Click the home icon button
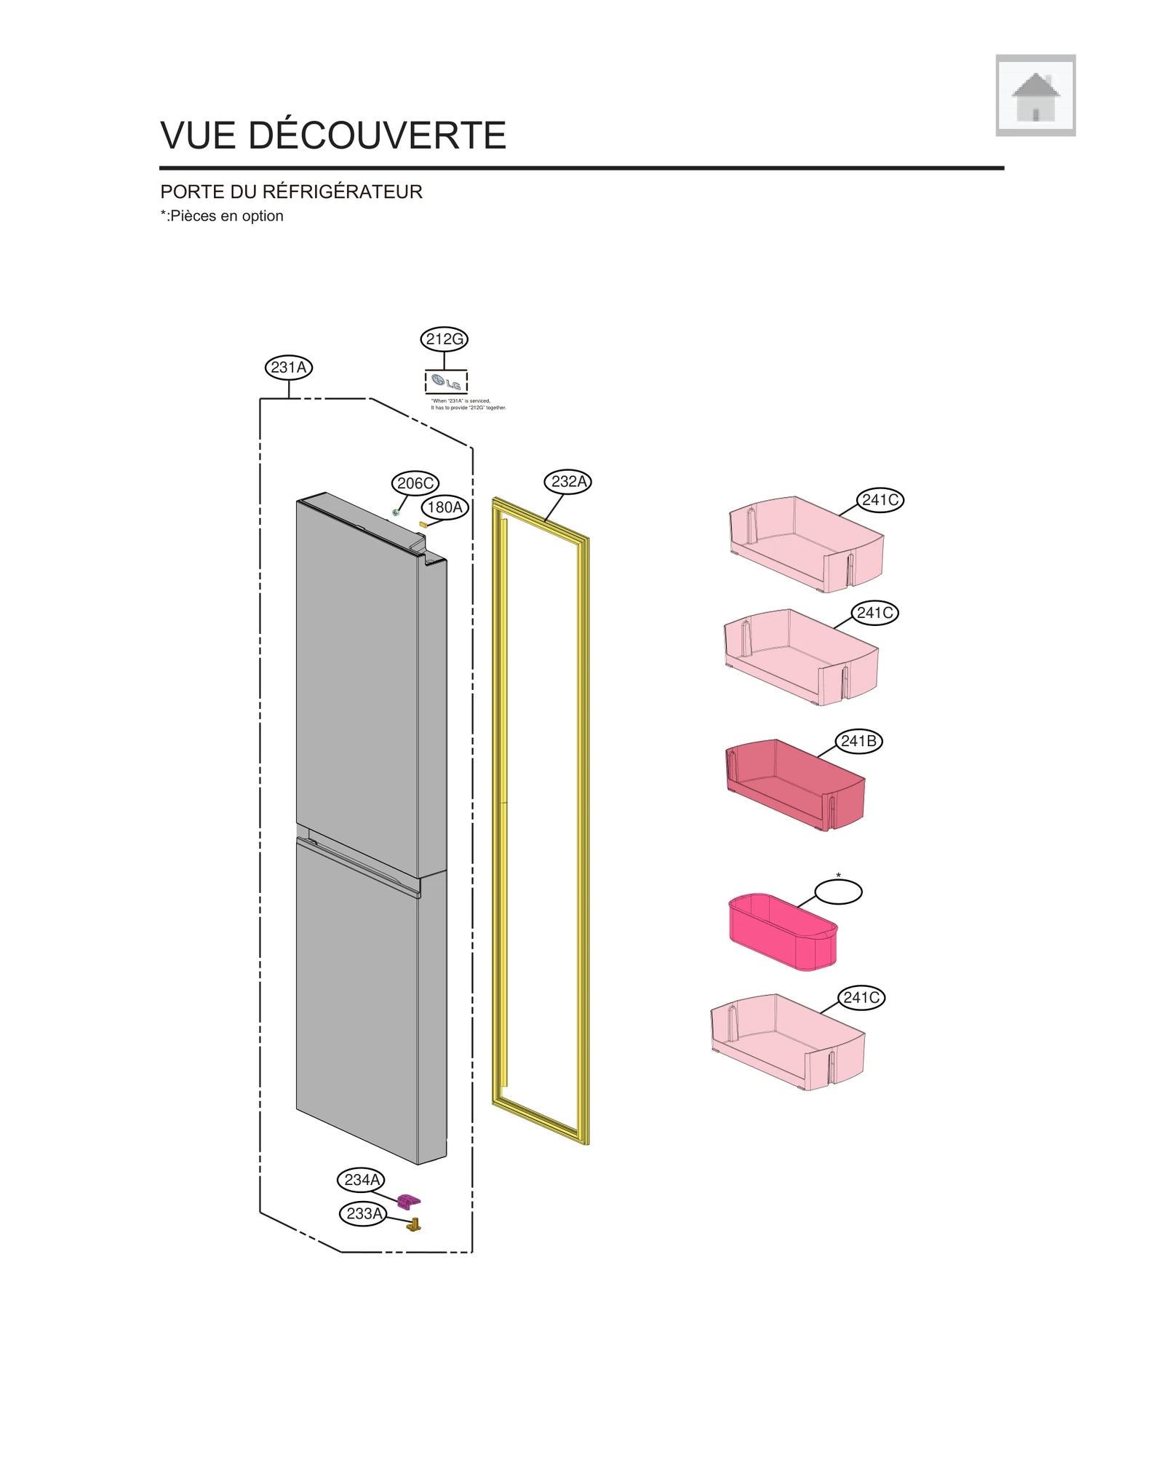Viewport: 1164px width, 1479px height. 1035,95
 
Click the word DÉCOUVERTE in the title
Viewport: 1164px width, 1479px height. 377,136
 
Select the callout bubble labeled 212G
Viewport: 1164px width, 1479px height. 444,339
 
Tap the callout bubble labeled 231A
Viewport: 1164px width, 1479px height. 288,368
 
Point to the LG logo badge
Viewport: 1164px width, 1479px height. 446,383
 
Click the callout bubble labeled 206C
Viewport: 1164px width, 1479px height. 415,483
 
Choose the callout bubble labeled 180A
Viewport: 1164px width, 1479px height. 445,507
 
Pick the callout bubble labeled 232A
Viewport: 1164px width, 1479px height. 567,482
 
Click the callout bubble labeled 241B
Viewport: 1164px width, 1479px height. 858,742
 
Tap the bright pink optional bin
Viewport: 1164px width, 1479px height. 783,933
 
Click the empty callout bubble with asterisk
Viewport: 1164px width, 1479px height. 838,892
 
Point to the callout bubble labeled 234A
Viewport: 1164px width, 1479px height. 362,1180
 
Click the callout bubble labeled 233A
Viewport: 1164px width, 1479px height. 363,1213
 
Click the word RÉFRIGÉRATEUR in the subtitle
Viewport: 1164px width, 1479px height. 342,192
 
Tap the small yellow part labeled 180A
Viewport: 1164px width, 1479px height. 423,524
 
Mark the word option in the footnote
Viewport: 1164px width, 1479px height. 263,216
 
